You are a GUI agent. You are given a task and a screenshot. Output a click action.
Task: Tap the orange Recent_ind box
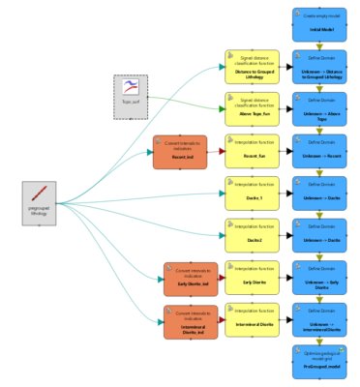180,153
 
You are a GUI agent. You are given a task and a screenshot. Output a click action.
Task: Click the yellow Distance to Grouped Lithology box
251,68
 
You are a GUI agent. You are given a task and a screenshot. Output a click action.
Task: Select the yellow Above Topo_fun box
251,109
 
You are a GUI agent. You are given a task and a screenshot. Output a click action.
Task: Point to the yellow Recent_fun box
251,153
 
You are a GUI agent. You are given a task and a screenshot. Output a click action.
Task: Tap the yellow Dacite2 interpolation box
251,236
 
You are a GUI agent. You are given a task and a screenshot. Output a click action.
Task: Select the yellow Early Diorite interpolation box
251,279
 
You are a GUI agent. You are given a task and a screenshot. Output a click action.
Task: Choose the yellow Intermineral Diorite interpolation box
251,321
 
